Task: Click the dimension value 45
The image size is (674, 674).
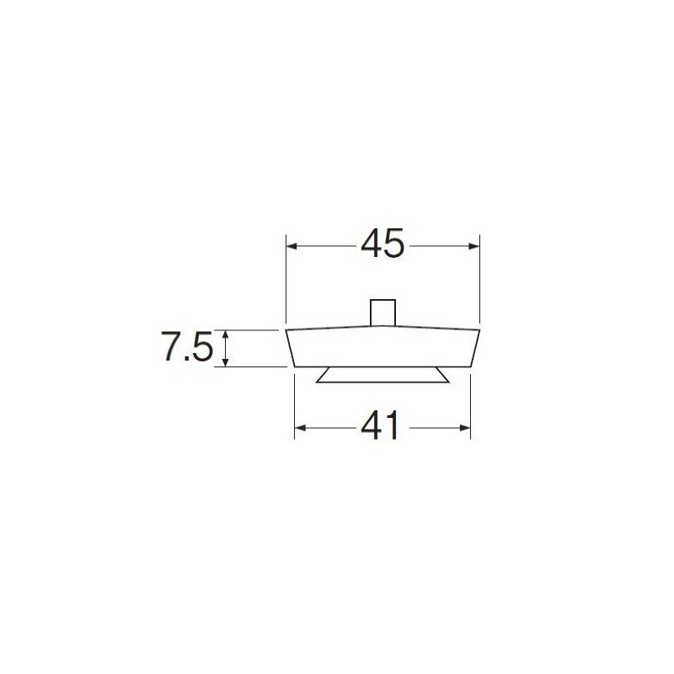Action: pos(382,243)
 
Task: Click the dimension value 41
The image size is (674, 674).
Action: pos(380,425)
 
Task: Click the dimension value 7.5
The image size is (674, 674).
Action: pos(187,346)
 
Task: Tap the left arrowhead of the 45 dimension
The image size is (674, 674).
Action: pos(292,246)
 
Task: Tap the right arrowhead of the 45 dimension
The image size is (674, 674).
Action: pos(473,246)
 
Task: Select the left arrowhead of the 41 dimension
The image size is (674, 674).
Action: pos(300,428)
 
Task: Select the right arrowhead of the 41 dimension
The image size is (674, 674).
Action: pos(465,428)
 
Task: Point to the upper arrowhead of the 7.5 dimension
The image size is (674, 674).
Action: pos(225,335)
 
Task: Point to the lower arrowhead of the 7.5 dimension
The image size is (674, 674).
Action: pos(225,361)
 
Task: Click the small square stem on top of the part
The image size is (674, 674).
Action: pos(382,313)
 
